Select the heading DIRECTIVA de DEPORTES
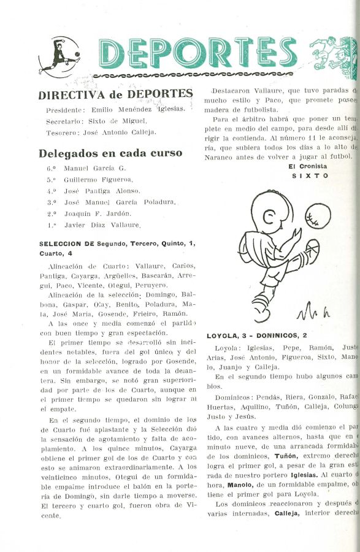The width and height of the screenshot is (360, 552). pos(116,94)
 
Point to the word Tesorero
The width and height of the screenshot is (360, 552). pos(63,132)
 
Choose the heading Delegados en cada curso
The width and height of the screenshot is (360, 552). pos(110,153)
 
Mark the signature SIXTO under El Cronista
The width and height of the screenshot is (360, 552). pos(310,175)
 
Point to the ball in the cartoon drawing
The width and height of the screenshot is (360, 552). pos(318,216)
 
